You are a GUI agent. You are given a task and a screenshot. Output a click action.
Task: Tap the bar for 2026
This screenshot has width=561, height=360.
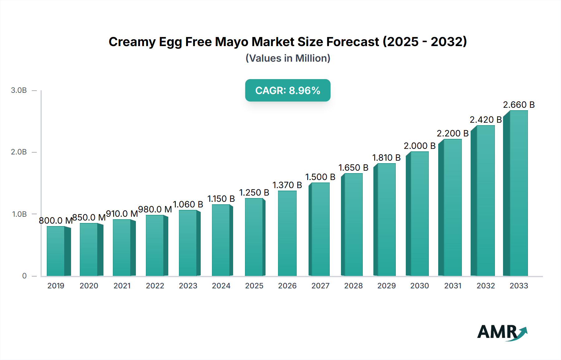287,233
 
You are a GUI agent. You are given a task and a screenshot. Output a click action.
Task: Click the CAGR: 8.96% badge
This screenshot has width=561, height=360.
288,90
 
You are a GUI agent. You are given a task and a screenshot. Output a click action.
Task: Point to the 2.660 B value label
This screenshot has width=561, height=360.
519,105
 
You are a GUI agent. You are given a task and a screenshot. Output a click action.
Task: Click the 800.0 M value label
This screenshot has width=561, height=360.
55,220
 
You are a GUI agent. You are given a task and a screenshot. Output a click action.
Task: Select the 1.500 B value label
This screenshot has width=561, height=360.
320,177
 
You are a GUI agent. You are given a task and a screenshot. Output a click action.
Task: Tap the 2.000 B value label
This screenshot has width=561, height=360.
420,146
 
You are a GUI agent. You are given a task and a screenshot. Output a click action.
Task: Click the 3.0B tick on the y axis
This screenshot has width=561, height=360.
19,90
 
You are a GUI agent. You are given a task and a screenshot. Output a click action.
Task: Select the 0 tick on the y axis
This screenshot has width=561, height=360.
24,276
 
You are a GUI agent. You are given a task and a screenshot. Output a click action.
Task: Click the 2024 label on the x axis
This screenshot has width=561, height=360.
221,286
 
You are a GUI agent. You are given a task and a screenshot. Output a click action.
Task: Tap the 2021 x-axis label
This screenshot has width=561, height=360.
122,286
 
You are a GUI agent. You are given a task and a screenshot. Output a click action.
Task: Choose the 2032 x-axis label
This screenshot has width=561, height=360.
486,286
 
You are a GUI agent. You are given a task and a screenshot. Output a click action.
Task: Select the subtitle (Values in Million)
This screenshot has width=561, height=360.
288,58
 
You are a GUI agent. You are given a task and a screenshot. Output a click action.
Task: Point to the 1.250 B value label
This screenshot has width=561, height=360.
254,192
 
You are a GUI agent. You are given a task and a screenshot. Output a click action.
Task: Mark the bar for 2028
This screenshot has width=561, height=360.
353,225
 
